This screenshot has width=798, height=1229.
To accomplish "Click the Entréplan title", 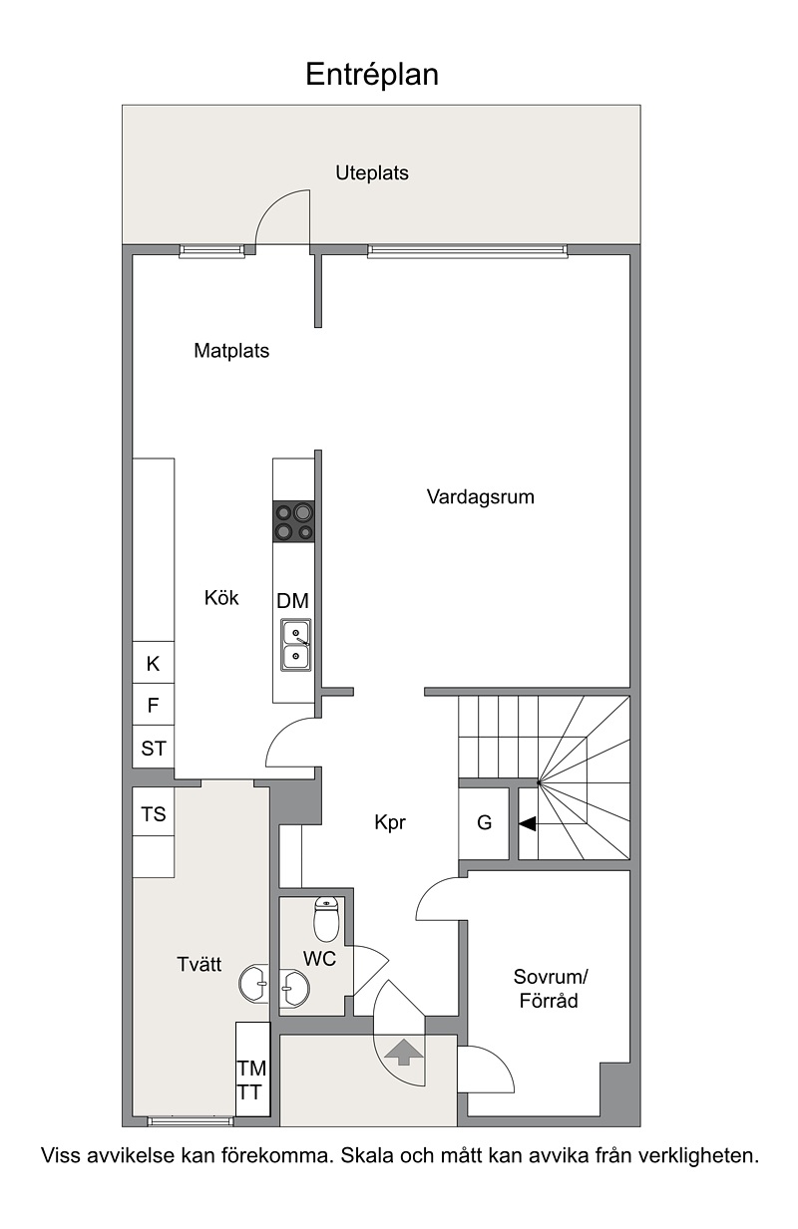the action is click(x=372, y=75).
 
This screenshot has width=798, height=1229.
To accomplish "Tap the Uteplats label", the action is click(x=372, y=172).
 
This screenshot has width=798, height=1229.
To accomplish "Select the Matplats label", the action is click(x=231, y=351).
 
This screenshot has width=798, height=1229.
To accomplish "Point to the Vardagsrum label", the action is click(x=480, y=497).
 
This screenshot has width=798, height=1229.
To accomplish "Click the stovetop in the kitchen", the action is click(x=294, y=521).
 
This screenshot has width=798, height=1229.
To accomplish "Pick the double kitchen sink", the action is click(x=296, y=645).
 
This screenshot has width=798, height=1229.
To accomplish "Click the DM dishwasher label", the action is click(x=292, y=601).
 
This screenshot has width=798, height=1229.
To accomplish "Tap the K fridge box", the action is click(x=154, y=662).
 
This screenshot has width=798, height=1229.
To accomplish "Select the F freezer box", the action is click(x=154, y=705).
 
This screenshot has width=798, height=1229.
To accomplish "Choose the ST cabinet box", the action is click(x=154, y=748).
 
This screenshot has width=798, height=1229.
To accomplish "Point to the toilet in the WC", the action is click(x=326, y=918).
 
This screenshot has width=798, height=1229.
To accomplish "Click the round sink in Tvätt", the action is click(x=254, y=984).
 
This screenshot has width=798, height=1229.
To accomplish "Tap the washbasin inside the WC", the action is click(x=294, y=988).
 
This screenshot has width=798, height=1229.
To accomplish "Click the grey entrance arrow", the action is click(x=404, y=1052).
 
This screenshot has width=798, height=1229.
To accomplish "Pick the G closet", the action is click(x=484, y=823).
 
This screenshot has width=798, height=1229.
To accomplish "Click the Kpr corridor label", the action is click(x=390, y=822).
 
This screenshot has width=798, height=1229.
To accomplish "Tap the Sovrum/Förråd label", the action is click(x=551, y=989).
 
